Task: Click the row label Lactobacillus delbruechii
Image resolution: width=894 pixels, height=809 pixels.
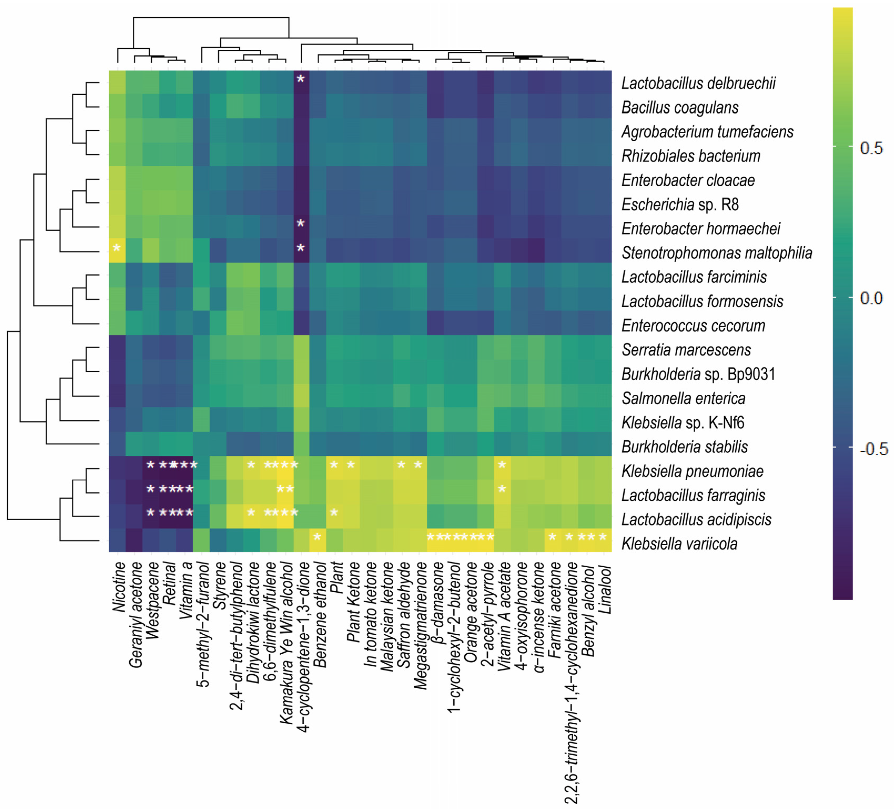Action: click(698, 83)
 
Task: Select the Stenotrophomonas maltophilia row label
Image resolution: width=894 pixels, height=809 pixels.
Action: click(717, 253)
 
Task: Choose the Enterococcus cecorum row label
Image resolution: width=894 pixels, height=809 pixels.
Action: click(693, 325)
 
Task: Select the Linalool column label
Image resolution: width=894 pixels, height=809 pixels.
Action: click(605, 590)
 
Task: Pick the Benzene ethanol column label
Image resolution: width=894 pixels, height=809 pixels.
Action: click(320, 614)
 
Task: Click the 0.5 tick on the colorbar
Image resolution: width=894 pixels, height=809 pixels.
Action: click(871, 148)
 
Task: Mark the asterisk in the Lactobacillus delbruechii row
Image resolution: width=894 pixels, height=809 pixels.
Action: click(301, 79)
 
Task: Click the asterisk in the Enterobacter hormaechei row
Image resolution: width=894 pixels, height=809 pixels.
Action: click(301, 223)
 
